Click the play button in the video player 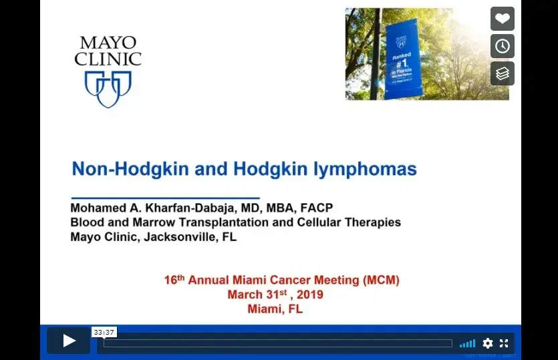click(69, 341)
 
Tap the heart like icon click(503, 19)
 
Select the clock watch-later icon click(503, 46)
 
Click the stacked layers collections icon click(503, 73)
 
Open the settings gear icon click(488, 343)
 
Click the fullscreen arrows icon click(504, 343)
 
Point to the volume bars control click(468, 343)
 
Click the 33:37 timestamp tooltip click(104, 332)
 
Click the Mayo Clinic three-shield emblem click(108, 89)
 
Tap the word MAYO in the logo click(108, 43)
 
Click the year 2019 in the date click(309, 295)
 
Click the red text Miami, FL click(275, 309)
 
